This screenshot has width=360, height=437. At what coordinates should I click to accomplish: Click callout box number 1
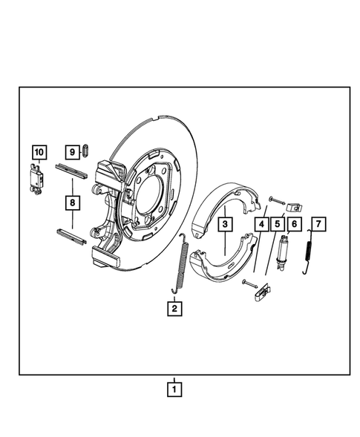(x=174, y=387)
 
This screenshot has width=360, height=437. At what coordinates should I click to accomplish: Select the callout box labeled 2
(x=174, y=308)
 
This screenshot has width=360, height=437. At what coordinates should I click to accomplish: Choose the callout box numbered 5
(x=278, y=223)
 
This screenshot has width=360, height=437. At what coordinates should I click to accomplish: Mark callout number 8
(x=73, y=202)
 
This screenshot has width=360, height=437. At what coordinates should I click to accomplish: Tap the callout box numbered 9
(x=72, y=151)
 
